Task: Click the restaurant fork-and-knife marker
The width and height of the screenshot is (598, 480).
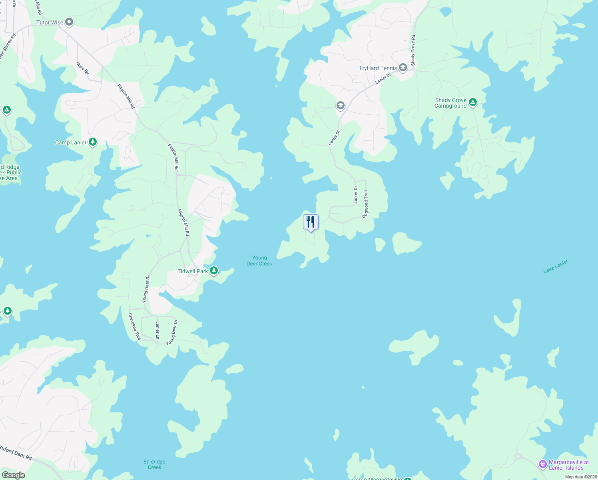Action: (311, 222)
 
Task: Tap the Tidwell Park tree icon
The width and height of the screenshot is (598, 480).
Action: (214, 271)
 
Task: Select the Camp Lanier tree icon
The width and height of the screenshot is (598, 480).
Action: (93, 142)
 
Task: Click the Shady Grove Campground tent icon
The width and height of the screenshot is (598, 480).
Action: (473, 102)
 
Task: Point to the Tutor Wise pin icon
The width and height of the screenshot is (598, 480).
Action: (69, 22)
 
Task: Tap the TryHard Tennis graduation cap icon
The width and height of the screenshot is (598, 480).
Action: (403, 68)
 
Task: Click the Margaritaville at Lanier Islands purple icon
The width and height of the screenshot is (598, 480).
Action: (543, 464)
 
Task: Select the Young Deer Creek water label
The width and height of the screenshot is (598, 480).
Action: (259, 261)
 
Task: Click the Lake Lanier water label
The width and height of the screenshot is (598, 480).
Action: (556, 266)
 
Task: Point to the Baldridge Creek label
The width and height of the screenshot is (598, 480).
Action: (154, 464)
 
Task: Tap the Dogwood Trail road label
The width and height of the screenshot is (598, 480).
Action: (365, 204)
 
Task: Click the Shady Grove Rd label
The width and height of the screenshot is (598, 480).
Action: (413, 50)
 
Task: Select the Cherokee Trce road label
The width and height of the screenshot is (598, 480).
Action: (134, 326)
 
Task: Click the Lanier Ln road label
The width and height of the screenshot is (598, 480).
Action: (157, 330)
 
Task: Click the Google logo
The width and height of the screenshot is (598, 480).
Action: (13, 475)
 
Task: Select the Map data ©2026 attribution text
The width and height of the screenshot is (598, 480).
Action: (580, 477)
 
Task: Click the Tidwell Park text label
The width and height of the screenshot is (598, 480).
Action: (193, 271)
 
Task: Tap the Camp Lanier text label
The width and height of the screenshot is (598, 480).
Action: (71, 142)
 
